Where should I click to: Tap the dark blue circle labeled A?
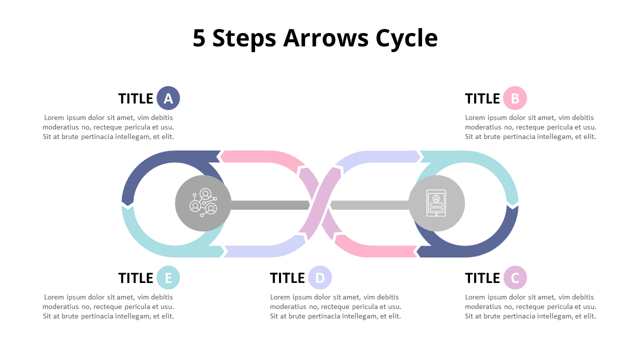tap(168, 98)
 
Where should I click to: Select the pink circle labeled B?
tap(515, 98)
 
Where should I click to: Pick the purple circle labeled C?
tap(515, 277)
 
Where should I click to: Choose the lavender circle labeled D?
tap(320, 277)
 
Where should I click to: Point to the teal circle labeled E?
tap(168, 277)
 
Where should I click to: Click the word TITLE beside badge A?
tap(135, 98)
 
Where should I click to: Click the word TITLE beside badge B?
tap(482, 98)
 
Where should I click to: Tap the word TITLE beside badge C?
tap(482, 277)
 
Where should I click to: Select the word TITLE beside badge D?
tap(287, 277)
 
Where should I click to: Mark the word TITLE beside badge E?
tap(135, 277)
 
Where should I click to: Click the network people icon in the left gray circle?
tap(203, 202)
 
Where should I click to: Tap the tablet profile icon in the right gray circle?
tap(436, 202)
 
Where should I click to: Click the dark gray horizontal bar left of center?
tap(270, 205)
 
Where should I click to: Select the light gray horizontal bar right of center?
tap(370, 205)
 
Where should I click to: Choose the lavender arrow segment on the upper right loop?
tap(380, 156)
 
